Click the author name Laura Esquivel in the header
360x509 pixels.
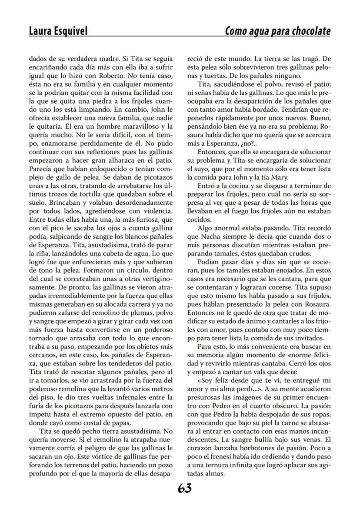pos(58,31)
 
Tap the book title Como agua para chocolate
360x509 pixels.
pos(277,31)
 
